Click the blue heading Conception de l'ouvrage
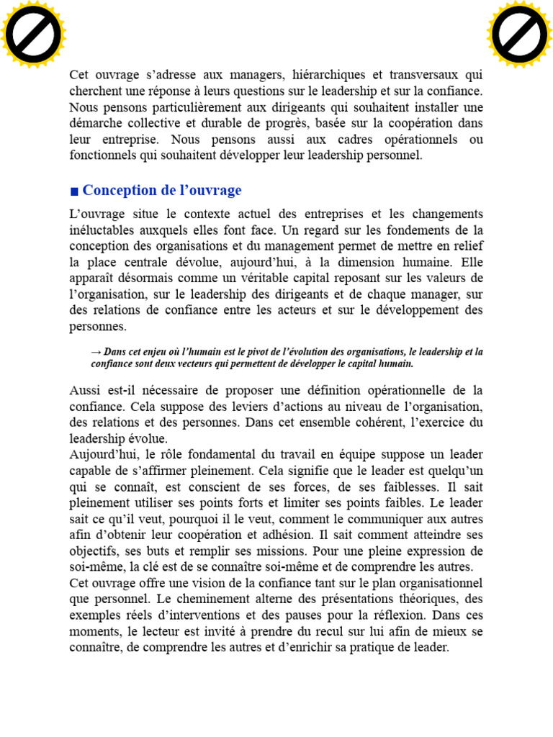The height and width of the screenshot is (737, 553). (x=162, y=191)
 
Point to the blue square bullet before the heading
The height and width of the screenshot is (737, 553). (x=74, y=191)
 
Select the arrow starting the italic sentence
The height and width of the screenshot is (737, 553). (x=96, y=352)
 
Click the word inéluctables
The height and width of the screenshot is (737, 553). (x=103, y=230)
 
